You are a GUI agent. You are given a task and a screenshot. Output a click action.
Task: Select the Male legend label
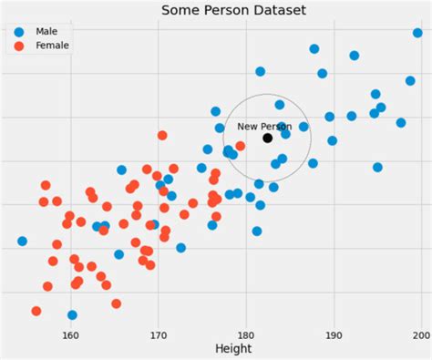[x=46, y=31]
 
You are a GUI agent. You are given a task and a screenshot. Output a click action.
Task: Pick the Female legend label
[x=51, y=46]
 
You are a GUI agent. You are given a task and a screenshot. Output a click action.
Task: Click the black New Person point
[x=267, y=138]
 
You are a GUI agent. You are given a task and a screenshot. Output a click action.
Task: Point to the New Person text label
[x=264, y=127]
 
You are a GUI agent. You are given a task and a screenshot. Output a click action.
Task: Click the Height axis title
[x=233, y=349]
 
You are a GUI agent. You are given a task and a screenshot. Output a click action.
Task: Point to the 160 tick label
[x=70, y=334]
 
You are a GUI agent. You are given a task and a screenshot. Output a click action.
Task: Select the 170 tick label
[x=159, y=334]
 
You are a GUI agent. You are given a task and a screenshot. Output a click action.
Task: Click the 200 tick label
[x=420, y=334]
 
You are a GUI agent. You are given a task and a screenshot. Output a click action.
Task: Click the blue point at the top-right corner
[x=417, y=33]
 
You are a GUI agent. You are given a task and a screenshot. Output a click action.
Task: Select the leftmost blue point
[x=22, y=242]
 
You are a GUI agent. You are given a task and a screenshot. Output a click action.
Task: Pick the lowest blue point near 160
[x=72, y=315]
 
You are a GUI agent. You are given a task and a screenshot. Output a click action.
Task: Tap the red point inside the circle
[x=240, y=146]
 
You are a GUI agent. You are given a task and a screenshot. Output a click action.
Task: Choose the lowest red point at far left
[x=36, y=311]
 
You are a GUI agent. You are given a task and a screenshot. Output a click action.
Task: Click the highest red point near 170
[x=162, y=135]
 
